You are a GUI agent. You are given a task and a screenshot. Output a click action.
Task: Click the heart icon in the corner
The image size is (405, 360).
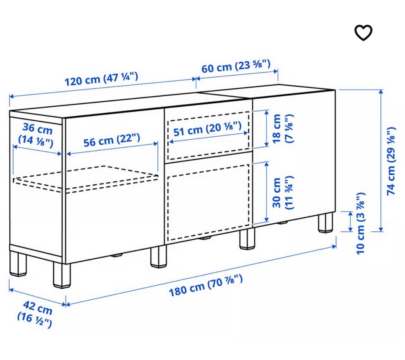(x=363, y=32)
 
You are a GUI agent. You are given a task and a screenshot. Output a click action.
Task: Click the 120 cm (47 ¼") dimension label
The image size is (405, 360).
(x=101, y=79)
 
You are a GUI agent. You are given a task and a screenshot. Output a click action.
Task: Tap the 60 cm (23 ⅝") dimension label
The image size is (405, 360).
(x=236, y=66)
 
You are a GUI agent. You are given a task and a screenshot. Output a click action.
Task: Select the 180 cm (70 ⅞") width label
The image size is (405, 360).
(x=205, y=286)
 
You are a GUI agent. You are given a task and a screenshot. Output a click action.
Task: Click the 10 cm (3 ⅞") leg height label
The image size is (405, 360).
(x=360, y=224)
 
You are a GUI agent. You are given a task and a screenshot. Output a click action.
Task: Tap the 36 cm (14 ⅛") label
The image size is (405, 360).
(x=36, y=135)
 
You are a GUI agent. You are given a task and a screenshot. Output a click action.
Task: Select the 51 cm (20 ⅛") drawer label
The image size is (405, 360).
(x=208, y=129)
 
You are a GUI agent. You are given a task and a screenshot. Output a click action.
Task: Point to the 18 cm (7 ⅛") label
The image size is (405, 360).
(x=283, y=128)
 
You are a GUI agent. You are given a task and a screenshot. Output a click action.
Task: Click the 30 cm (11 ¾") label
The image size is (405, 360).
(x=283, y=192)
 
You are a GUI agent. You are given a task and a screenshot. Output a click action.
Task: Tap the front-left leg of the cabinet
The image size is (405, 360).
(x=62, y=275)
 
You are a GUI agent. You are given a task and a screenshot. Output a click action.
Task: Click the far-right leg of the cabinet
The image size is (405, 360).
(x=325, y=222)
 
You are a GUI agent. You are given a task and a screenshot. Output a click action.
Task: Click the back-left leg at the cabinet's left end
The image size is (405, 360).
(x=18, y=264)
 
